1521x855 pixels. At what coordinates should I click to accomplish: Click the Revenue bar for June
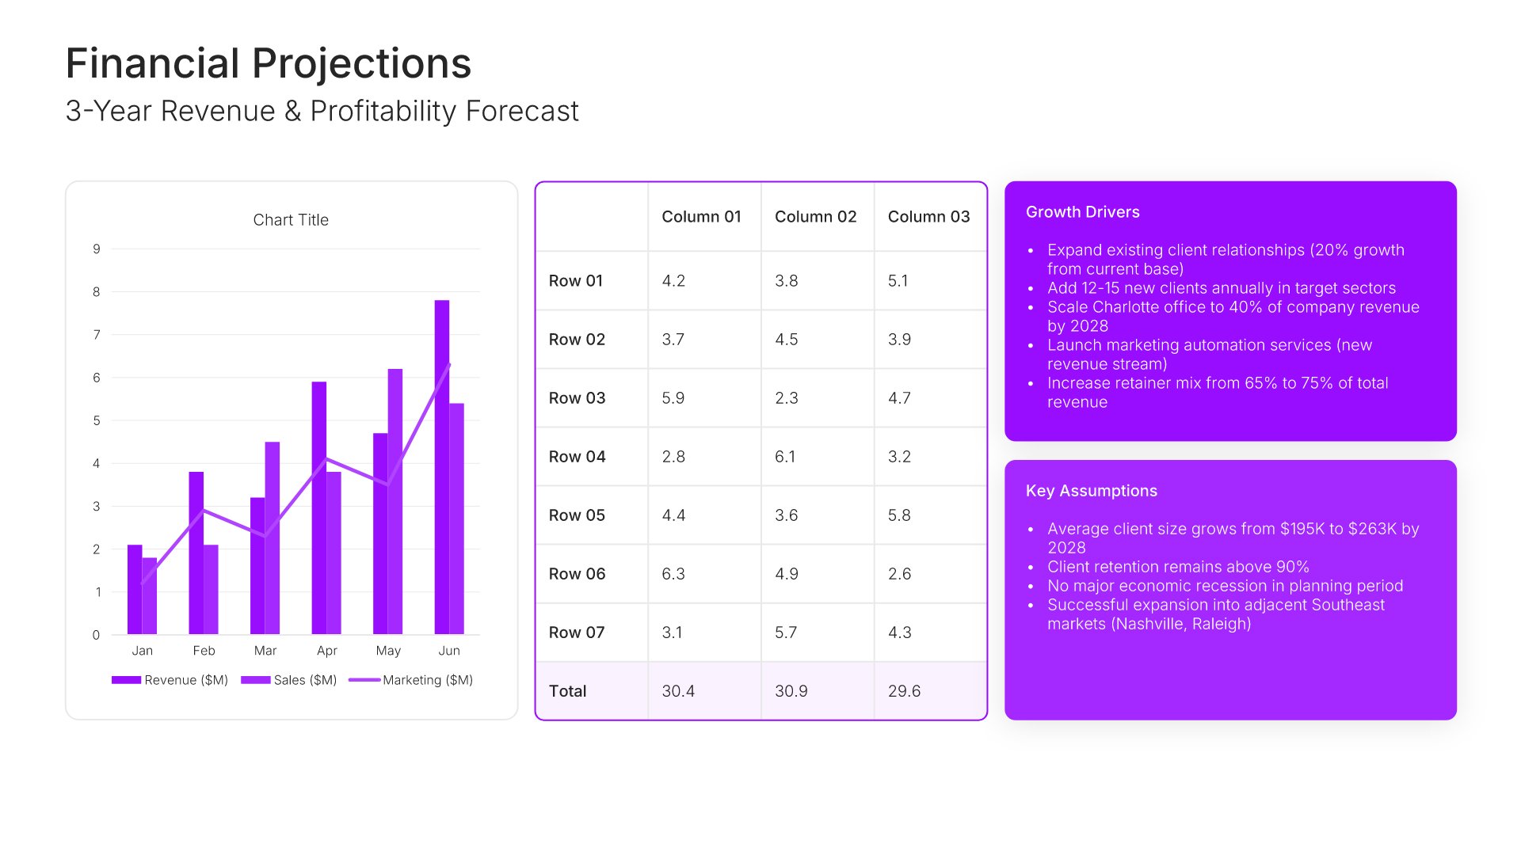tap(441, 467)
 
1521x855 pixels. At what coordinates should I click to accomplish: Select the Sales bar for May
tap(395, 501)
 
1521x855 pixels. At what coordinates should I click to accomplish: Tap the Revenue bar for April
tap(318, 507)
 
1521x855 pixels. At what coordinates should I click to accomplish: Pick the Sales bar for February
tap(211, 589)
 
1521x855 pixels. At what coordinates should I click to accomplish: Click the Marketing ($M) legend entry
tap(411, 680)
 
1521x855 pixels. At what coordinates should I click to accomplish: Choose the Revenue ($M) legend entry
tap(170, 680)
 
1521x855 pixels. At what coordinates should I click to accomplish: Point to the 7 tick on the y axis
tap(97, 335)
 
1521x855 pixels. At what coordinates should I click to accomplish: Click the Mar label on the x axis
tap(265, 651)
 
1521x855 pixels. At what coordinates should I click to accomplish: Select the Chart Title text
tap(291, 220)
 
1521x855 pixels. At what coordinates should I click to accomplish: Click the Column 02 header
tap(815, 217)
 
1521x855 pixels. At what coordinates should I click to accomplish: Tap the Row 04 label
tap(577, 457)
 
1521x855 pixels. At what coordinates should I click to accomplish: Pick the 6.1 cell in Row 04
tap(785, 457)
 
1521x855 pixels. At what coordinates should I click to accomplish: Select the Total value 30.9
tap(791, 691)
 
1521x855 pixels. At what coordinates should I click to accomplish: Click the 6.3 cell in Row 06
tap(673, 574)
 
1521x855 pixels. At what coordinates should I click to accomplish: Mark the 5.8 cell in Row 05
tap(899, 515)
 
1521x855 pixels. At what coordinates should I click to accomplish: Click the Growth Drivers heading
tap(1082, 212)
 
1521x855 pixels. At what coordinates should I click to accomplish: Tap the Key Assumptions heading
tap(1091, 491)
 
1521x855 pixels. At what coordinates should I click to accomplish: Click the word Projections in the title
tap(361, 63)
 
